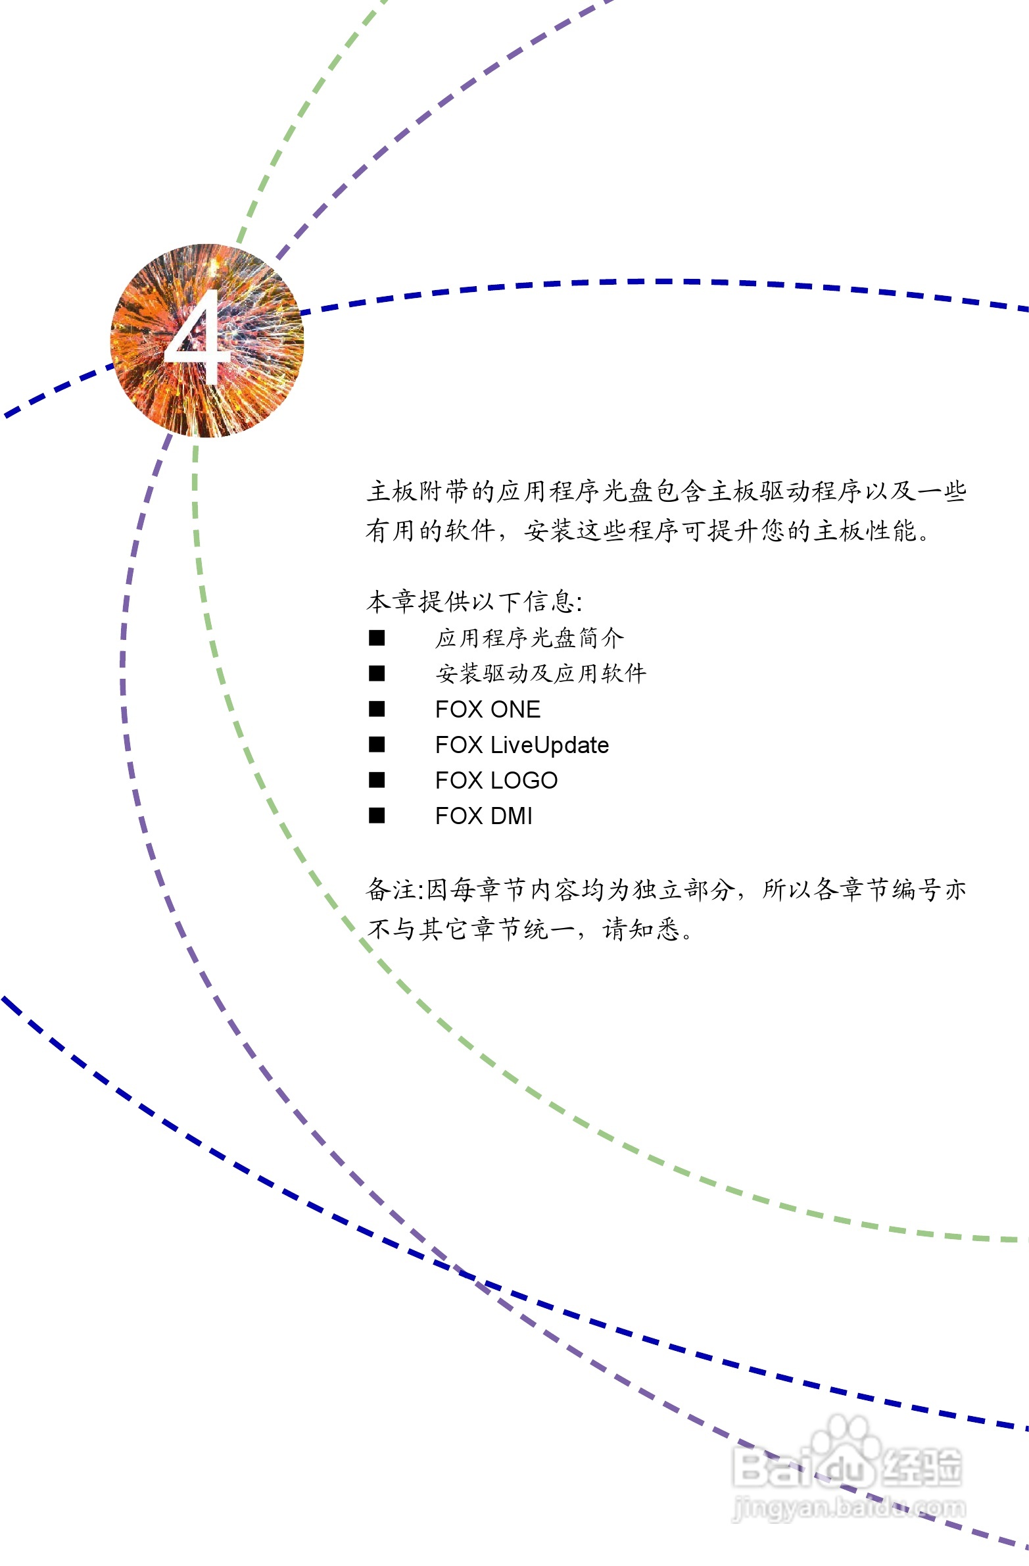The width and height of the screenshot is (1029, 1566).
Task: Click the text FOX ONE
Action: (x=487, y=709)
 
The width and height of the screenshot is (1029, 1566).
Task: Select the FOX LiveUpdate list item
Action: (x=522, y=745)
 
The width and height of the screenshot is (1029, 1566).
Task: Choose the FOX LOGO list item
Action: (x=496, y=780)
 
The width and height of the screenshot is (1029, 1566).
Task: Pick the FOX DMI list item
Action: (x=483, y=816)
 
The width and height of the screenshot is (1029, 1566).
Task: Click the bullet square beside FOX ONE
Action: (x=377, y=708)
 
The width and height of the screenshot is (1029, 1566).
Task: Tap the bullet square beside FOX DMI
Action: (x=377, y=816)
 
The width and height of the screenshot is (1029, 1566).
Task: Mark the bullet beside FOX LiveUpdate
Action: (x=377, y=744)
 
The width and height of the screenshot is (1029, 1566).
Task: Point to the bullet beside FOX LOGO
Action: (x=377, y=779)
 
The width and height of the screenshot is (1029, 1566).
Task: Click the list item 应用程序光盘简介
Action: (x=529, y=637)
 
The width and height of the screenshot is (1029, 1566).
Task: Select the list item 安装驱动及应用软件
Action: (x=540, y=673)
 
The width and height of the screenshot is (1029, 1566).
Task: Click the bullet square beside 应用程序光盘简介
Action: (x=377, y=637)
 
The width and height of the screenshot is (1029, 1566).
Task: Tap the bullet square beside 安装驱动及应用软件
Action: (x=377, y=673)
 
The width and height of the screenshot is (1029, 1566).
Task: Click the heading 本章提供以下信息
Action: (x=473, y=600)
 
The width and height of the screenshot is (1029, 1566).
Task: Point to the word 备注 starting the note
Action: (x=391, y=890)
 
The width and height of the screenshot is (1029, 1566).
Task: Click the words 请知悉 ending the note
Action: (x=642, y=929)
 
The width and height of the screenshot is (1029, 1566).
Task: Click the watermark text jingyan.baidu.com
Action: (x=849, y=1507)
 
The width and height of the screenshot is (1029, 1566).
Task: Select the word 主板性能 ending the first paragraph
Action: (x=865, y=530)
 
